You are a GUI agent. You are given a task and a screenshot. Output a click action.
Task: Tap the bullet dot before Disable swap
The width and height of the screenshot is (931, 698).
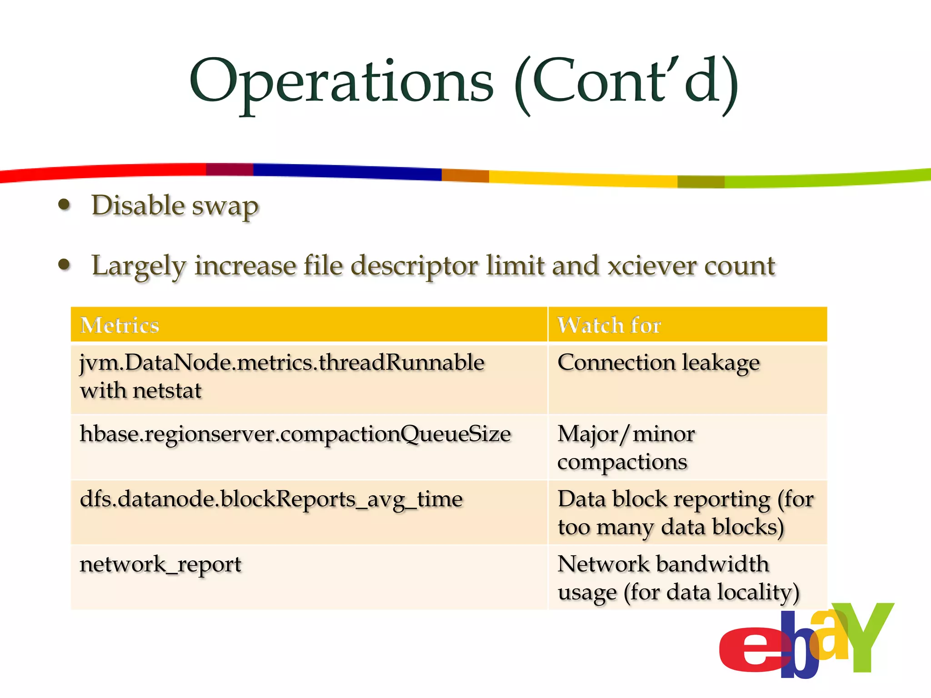coord(65,205)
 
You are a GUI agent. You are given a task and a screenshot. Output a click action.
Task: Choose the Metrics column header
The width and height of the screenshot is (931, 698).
coord(120,325)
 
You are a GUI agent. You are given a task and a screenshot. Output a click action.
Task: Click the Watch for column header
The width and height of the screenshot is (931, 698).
coord(609,325)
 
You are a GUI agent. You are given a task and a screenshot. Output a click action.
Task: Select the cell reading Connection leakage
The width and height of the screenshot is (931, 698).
coord(658,364)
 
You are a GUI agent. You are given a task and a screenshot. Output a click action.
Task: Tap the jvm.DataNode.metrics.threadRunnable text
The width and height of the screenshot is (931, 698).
coord(282,363)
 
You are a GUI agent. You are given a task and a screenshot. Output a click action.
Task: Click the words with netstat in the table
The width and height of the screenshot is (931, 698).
coord(140,391)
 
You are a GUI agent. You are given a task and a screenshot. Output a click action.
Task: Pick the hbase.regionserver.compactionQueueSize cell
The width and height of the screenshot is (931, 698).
coord(295,434)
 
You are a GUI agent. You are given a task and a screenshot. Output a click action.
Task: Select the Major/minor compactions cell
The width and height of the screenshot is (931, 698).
coord(626,448)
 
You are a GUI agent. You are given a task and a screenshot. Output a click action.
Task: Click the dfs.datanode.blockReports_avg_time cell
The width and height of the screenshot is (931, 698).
coord(271,499)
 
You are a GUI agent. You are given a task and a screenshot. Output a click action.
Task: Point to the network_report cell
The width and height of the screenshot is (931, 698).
coord(160,565)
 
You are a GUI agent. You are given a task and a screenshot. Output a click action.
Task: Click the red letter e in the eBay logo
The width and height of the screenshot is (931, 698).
coord(750,650)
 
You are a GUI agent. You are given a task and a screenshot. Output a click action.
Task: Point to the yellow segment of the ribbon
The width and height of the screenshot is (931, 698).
coord(582,179)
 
